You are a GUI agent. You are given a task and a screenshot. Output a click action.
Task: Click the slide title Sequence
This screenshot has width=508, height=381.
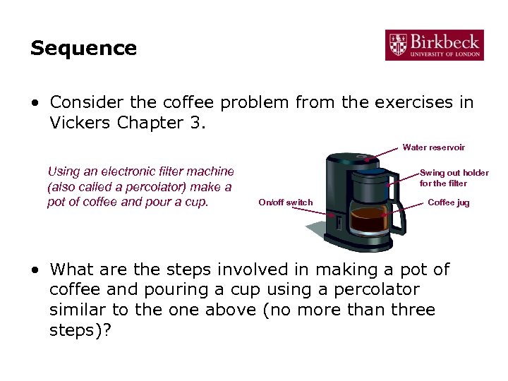pos(83,49)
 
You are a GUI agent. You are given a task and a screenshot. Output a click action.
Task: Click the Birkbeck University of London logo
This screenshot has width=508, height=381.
pos(434,44)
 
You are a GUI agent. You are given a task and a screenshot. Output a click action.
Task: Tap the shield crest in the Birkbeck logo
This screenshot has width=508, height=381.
pos(397,44)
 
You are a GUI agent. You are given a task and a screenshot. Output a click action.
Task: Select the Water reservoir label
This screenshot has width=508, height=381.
pos(433,147)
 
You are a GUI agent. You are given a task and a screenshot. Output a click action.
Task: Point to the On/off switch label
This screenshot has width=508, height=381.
pos(285,202)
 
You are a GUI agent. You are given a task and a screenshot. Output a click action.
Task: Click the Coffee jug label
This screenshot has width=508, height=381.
pos(448,202)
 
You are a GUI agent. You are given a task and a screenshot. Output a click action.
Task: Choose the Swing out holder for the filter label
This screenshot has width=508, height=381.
pos(454,178)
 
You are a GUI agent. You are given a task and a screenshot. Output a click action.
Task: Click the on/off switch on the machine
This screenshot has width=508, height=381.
pos(337,224)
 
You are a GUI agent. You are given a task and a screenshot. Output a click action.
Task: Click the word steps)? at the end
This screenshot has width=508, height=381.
pos(80,330)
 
